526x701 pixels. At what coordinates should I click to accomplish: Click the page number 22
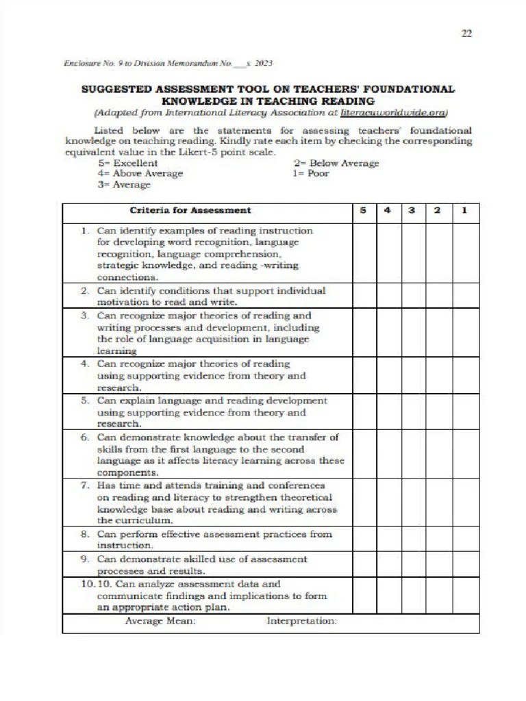[x=466, y=34]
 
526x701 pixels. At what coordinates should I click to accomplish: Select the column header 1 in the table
[x=465, y=211]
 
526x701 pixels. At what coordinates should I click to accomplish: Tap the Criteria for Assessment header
[x=190, y=211]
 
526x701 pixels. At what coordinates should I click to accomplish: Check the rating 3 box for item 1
[x=413, y=253]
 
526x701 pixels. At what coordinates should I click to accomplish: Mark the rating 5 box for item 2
[x=364, y=296]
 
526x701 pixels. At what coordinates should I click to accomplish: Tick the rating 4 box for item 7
[x=388, y=502]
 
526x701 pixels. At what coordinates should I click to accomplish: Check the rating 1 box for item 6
[x=466, y=454]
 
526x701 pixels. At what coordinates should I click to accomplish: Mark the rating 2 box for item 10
[x=438, y=596]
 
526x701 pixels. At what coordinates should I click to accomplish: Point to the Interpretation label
[x=301, y=621]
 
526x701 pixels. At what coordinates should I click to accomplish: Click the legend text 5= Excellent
[x=128, y=163]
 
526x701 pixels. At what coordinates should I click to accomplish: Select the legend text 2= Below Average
[x=336, y=163]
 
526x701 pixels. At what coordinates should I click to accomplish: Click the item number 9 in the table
[x=85, y=559]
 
